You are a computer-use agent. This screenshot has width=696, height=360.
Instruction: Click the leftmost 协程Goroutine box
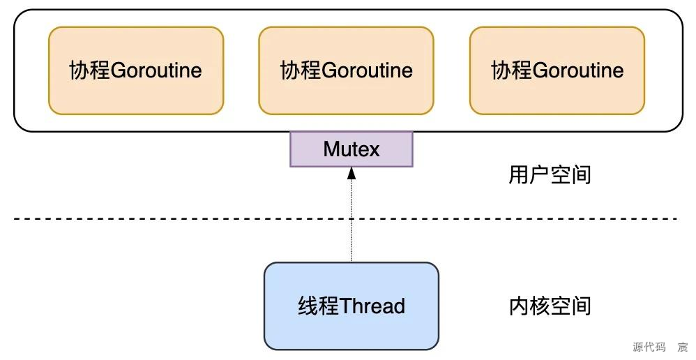136,70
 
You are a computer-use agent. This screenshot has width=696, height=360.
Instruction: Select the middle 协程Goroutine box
346,70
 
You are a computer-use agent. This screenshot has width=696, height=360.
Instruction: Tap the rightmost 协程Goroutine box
557,70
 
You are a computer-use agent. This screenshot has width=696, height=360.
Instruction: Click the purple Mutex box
351,149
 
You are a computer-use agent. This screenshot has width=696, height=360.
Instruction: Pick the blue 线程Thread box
351,306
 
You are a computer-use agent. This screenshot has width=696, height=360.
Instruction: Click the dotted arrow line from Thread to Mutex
351,223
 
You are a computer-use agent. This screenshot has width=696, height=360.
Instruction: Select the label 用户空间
550,174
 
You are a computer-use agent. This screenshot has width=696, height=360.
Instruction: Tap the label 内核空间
550,306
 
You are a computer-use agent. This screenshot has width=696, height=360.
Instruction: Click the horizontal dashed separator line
174,219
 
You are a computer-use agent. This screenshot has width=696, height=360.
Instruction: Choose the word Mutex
351,149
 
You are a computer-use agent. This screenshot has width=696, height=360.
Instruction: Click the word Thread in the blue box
372,306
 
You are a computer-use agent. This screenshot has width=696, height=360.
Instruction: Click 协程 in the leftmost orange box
89,70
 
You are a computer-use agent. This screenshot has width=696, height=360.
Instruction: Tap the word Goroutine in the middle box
367,70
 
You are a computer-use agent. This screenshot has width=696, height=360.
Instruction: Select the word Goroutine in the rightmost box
578,70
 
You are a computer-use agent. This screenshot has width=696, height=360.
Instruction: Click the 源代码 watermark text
649,347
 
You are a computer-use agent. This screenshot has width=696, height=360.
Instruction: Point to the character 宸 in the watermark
682,347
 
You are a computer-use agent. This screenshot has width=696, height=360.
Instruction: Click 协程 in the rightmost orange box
511,70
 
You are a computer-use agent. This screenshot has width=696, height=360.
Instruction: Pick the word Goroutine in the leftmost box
156,70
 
